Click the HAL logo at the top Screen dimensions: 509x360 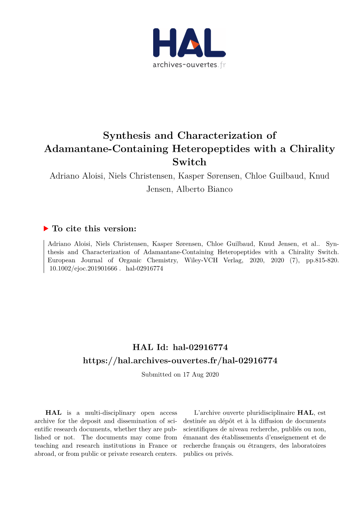[189, 43]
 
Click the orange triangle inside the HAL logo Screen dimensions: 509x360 [194, 45]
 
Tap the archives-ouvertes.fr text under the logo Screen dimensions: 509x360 [189, 65]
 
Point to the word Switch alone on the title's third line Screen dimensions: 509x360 [189, 162]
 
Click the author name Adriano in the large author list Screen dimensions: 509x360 [65, 176]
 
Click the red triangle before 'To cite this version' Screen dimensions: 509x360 [46, 229]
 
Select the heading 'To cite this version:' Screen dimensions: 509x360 [94, 229]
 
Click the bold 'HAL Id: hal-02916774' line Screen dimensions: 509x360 [180, 347]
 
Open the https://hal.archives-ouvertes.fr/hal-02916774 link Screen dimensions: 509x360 [180, 360]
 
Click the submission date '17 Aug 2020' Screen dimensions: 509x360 [200, 375]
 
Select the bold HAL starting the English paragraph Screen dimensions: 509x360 [53, 413]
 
